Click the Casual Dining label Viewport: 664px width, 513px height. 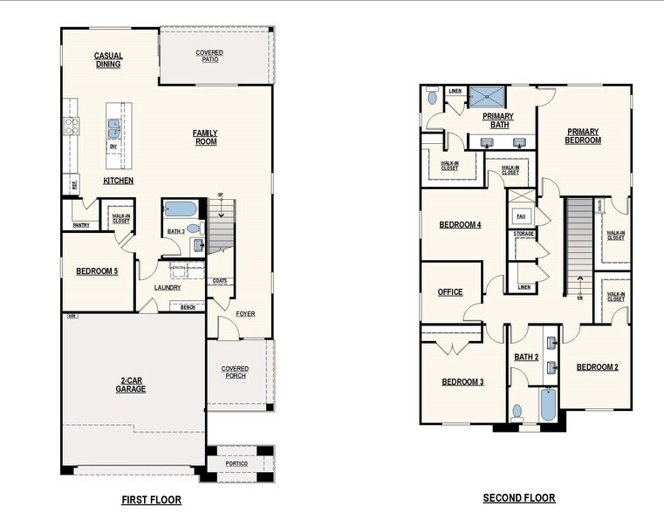[x=109, y=60]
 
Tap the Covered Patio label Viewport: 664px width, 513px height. [x=209, y=57]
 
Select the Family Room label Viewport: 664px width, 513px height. [x=205, y=137]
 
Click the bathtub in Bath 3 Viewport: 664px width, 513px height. [x=181, y=209]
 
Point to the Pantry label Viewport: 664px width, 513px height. [x=81, y=225]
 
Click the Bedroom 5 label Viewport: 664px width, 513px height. [x=97, y=271]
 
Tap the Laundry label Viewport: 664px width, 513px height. [x=168, y=287]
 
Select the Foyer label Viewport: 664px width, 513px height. [x=245, y=313]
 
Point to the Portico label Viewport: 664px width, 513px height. [x=236, y=463]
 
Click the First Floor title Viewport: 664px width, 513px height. [x=151, y=500]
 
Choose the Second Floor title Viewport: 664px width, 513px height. [x=519, y=498]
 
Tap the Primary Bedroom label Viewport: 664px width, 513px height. [x=583, y=136]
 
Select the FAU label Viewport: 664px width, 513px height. [x=521, y=215]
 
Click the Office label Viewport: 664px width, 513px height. [x=450, y=292]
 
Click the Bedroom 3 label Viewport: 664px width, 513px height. [x=462, y=382]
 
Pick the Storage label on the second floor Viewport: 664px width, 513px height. [x=524, y=234]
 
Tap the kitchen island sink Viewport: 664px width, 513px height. [x=113, y=129]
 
